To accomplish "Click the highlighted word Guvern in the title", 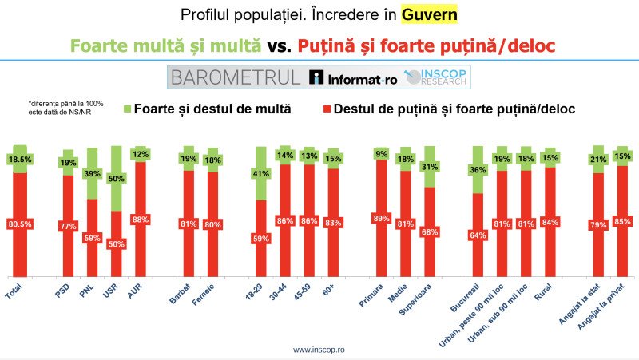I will click(x=431, y=15).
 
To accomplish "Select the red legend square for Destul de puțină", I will click(x=324, y=108).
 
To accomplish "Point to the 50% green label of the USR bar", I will click(x=116, y=178).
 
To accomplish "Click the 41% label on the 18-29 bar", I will click(x=260, y=173).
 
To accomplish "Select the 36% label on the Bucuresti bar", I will click(x=478, y=170).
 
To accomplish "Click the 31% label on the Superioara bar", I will click(x=430, y=166).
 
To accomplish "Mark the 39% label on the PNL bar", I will click(x=92, y=174).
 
